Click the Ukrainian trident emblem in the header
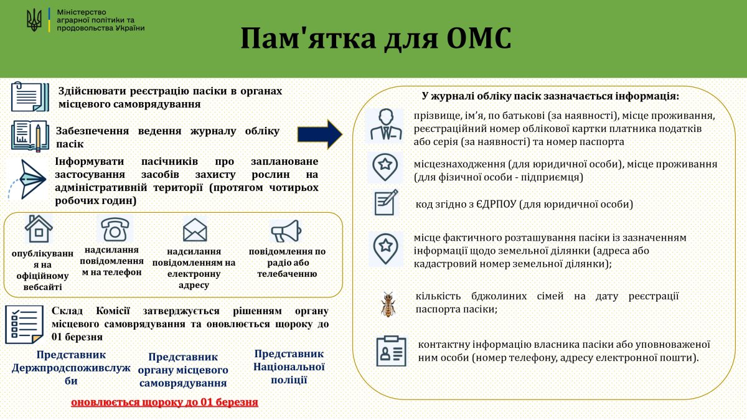pos(34,21)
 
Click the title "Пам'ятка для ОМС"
pos(376,39)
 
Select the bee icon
pos(389,304)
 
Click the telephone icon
pos(115,229)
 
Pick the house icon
pos(39,229)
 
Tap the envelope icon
pos(195,230)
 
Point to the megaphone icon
pos(286,231)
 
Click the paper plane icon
pos(29,177)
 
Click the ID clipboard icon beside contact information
pos(391,351)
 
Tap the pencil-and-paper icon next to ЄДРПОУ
pos(386,203)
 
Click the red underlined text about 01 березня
pos(164,402)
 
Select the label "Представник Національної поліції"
pos(289,366)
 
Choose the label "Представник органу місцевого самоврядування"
pos(182,370)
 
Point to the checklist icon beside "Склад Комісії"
pos(24,324)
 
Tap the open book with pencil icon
pos(29,135)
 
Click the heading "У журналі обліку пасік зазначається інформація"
pos(550,96)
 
